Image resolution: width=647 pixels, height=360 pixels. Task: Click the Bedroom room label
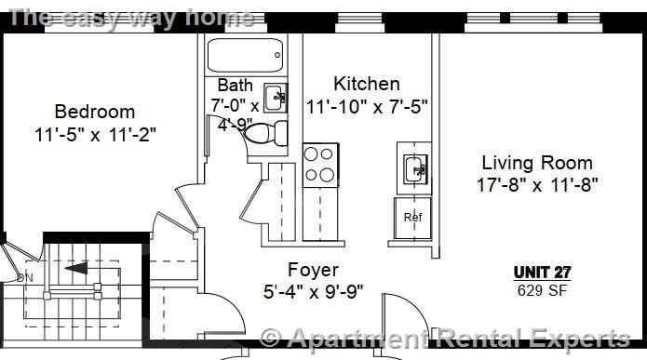click(x=94, y=112)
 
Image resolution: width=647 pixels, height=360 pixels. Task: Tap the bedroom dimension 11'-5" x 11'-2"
click(x=95, y=134)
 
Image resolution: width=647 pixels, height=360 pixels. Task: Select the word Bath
click(x=235, y=86)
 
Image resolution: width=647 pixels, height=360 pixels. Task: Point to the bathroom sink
click(x=276, y=96)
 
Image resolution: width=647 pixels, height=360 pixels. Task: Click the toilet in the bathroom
click(x=264, y=132)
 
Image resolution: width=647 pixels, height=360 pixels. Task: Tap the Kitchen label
click(x=367, y=84)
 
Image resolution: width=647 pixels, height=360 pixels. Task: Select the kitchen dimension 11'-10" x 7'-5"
click(x=367, y=106)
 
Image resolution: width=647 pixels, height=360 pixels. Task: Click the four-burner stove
click(x=319, y=164)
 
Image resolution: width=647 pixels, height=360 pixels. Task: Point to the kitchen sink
click(x=414, y=168)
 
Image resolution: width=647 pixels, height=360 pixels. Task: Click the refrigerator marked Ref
click(x=413, y=217)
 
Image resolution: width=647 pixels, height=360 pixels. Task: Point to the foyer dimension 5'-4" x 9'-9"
click(x=313, y=291)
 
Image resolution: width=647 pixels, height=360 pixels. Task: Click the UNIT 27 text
click(x=542, y=273)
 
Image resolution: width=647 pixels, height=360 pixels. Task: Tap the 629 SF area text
click(x=542, y=289)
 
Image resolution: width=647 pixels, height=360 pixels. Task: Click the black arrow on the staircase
click(x=78, y=270)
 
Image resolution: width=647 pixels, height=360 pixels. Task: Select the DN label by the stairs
click(x=24, y=277)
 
